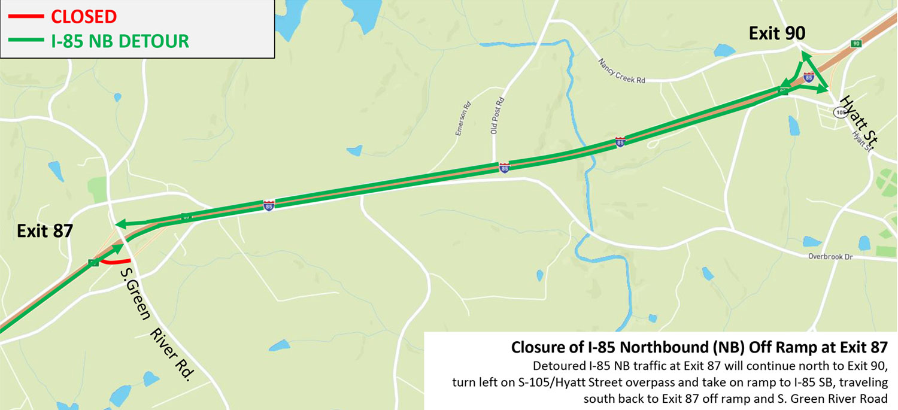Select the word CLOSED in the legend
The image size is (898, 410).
84,16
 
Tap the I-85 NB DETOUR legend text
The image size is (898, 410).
120,41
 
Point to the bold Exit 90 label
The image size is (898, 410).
776,34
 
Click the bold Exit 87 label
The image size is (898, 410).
45,231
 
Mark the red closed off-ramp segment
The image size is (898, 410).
116,262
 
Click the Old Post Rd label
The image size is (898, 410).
494,116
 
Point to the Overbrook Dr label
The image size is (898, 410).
830,257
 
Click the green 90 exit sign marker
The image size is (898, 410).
856,43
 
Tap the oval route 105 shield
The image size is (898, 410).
840,112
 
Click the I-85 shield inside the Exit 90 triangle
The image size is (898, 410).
809,77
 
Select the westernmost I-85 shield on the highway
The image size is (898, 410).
269,205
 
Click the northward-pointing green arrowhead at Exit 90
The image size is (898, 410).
804,56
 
